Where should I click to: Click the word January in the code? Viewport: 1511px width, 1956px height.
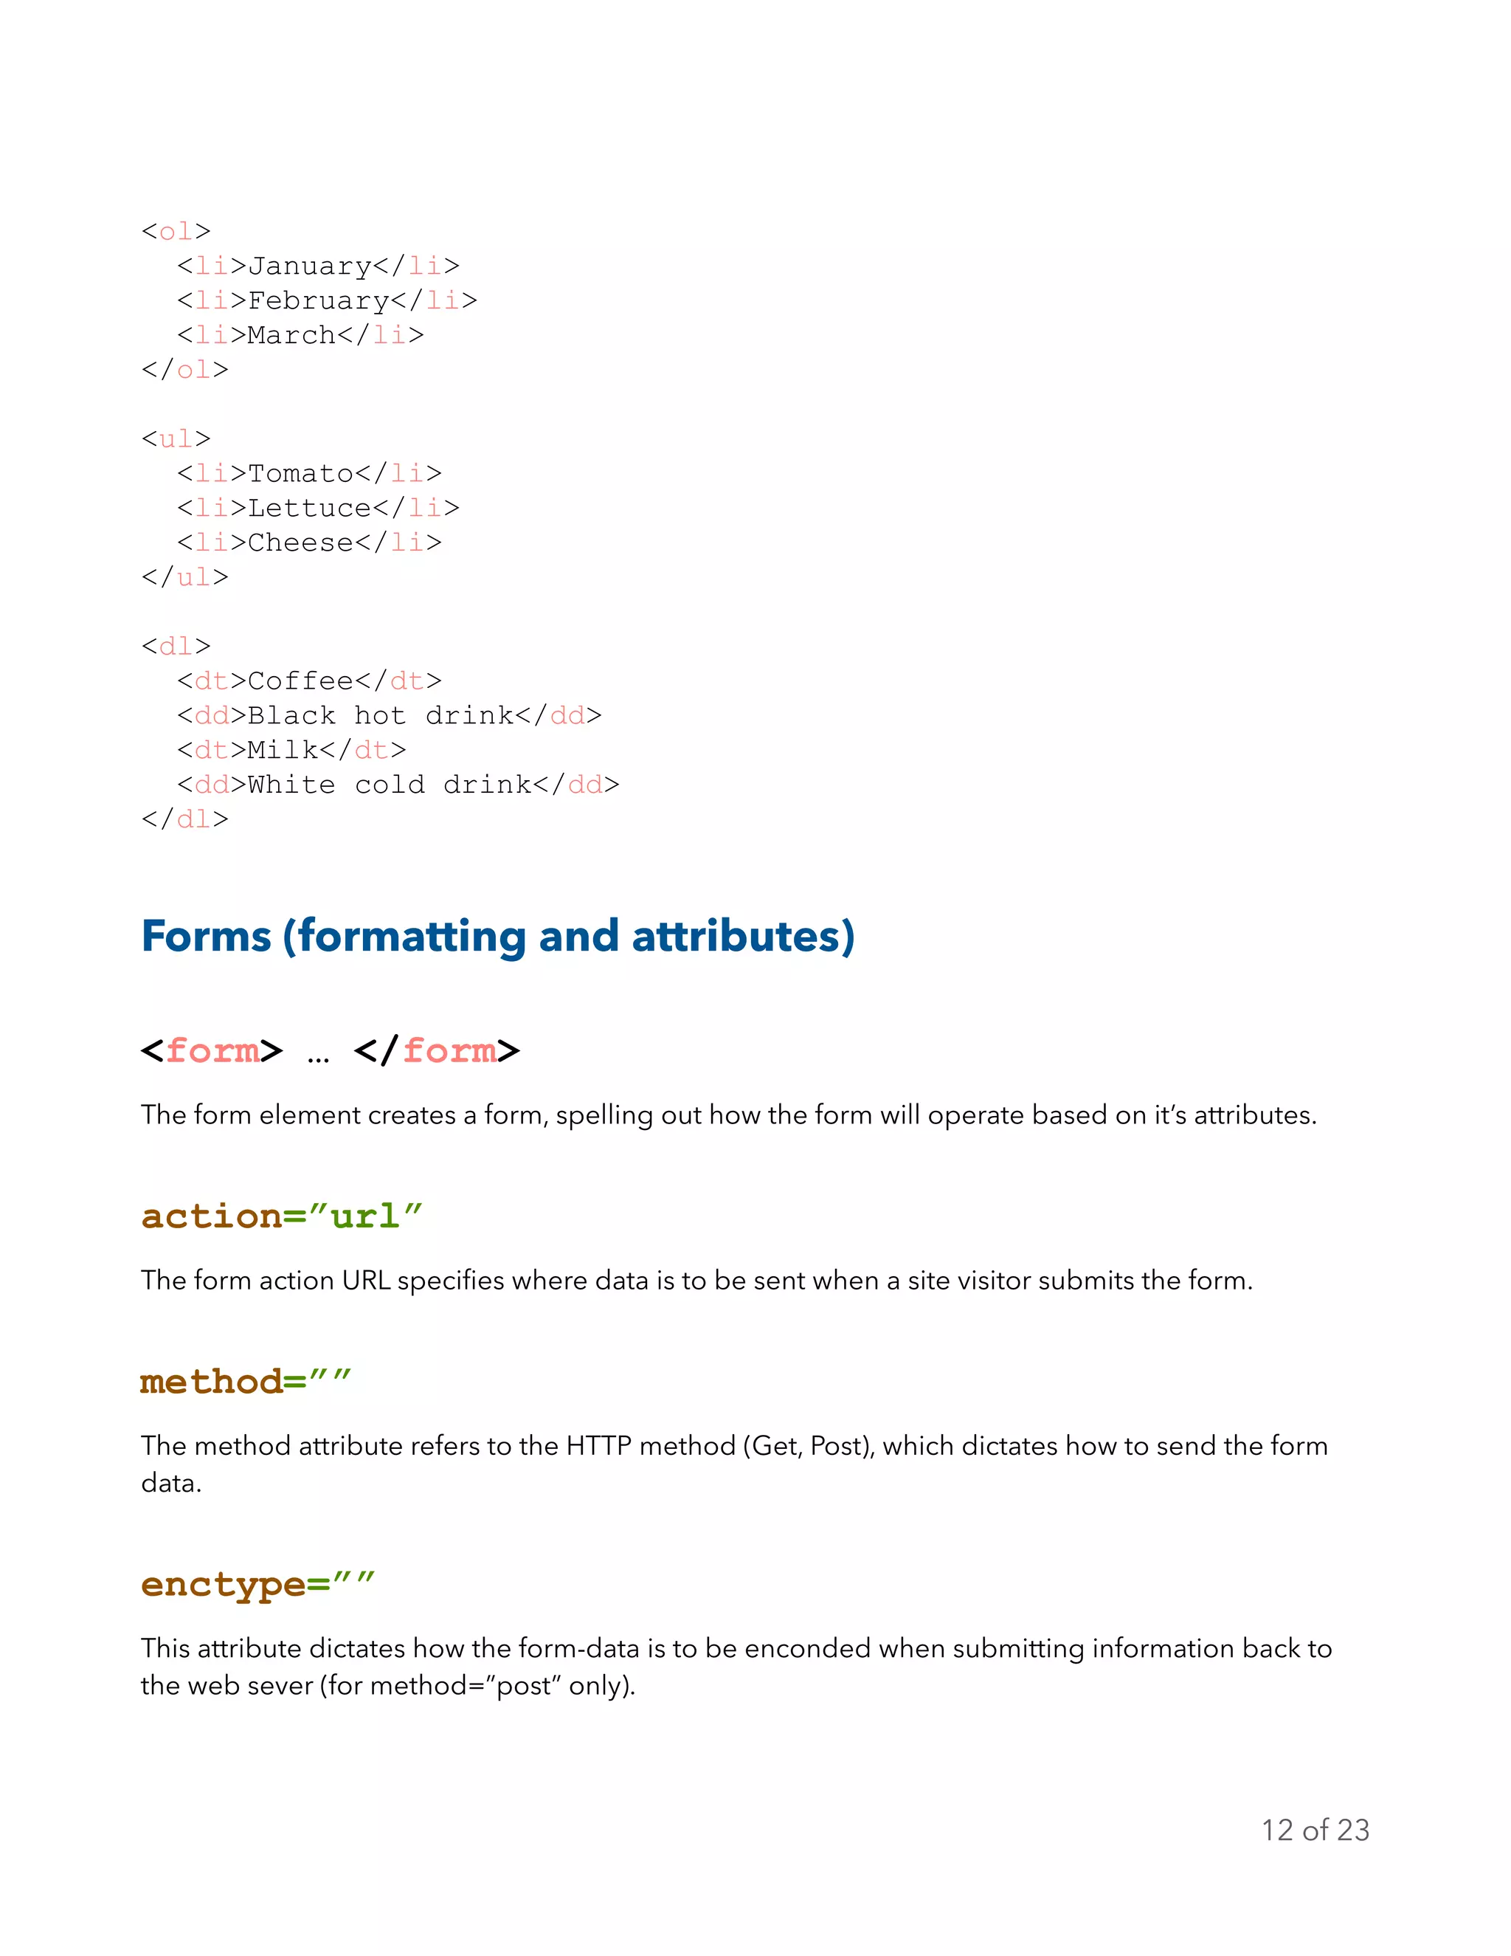tap(310, 266)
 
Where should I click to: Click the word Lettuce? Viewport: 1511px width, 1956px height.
tap(310, 508)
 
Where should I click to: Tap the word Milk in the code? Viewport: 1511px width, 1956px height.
tap(283, 750)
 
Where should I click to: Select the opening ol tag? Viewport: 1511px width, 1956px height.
tap(176, 231)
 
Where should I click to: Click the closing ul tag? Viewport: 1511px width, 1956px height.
tap(185, 576)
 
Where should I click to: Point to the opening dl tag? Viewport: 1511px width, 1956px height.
tap(176, 646)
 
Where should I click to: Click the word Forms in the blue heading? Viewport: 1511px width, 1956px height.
tap(206, 937)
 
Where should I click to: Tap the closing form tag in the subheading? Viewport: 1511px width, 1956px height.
tap(437, 1050)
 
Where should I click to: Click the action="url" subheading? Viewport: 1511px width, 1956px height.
tap(281, 1216)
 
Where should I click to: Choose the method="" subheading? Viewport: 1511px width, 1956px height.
tap(245, 1382)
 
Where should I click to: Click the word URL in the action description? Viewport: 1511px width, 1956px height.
tap(366, 1281)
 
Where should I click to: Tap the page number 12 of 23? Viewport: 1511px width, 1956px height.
tap(1315, 1830)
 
